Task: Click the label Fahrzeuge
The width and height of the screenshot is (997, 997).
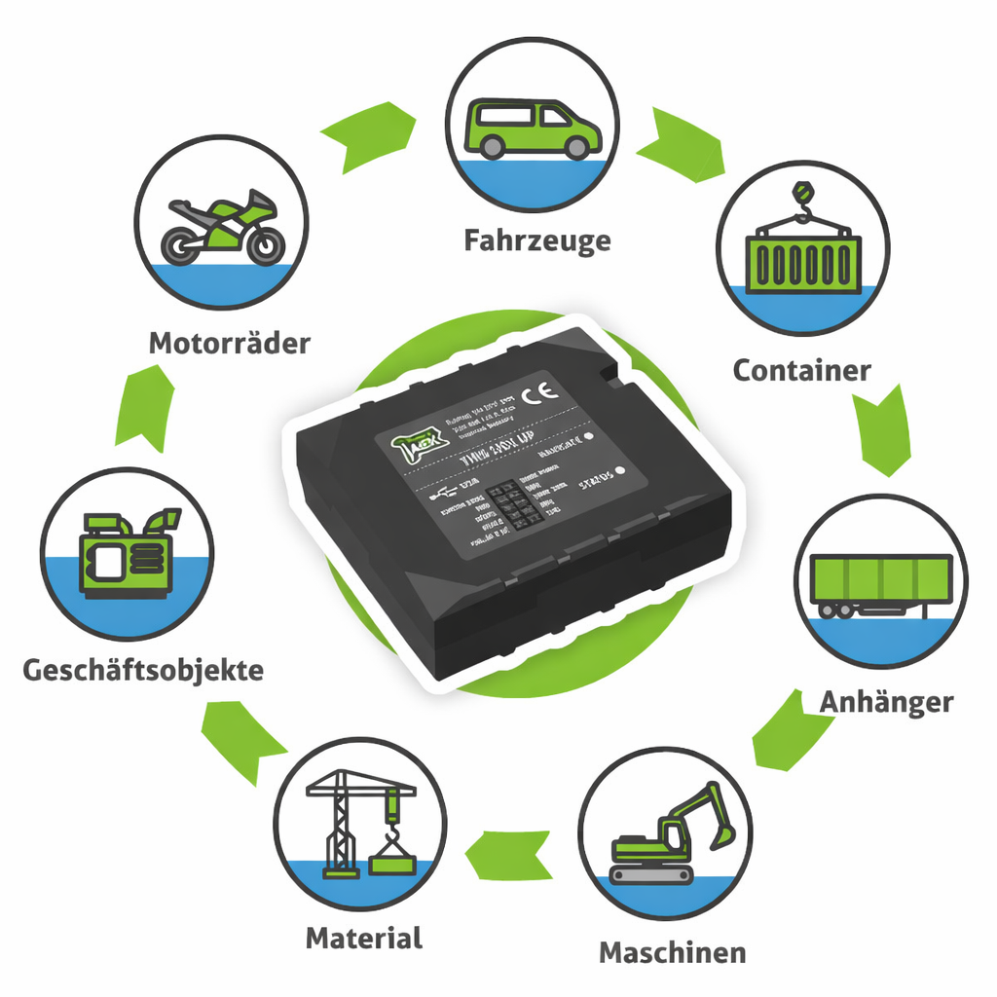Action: click(536, 240)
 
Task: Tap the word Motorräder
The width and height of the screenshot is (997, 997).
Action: click(229, 344)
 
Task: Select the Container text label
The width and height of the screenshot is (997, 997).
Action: click(801, 371)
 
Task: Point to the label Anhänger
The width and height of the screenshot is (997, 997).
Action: click(885, 702)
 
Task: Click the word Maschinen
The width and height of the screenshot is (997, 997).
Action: click(672, 952)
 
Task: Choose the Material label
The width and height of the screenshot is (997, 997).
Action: click(363, 939)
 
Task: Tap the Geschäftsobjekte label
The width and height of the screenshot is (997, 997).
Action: click(142, 671)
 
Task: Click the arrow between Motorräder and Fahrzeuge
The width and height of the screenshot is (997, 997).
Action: click(368, 133)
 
